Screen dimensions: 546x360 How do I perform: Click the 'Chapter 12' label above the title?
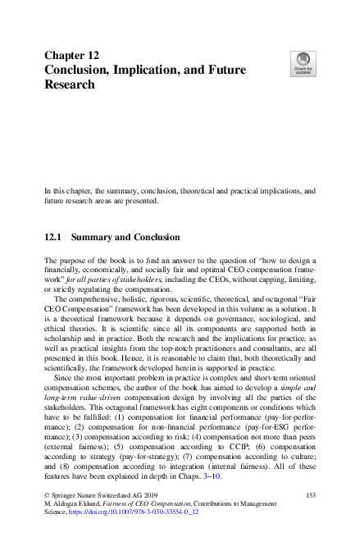point(71,56)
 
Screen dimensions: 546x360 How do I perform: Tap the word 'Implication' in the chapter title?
point(156,70)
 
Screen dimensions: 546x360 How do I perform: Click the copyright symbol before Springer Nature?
point(47,495)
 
